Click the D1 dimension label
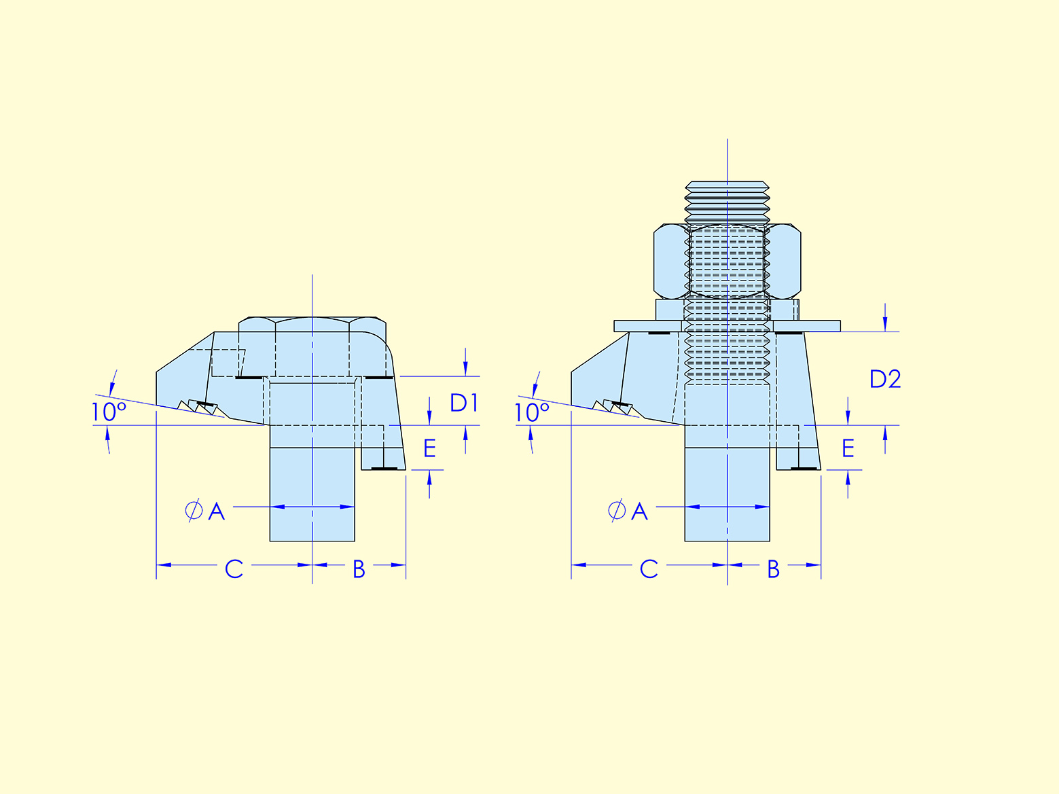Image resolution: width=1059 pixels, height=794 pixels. tap(465, 403)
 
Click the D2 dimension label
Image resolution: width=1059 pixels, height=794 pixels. tap(885, 379)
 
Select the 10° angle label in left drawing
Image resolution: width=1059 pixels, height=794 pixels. tap(109, 412)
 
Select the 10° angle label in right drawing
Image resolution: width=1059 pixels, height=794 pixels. tap(531, 412)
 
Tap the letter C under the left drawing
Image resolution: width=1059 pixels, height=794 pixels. tap(234, 569)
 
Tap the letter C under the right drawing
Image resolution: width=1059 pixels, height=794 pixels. tap(649, 569)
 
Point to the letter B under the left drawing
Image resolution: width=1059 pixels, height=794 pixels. tap(359, 569)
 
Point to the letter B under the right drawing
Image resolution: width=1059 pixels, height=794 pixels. tap(773, 569)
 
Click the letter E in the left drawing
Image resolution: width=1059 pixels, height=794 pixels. tap(429, 448)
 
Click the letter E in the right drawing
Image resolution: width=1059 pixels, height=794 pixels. tap(848, 448)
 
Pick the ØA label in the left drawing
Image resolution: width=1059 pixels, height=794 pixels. tap(205, 511)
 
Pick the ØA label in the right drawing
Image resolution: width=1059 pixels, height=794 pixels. tap(628, 511)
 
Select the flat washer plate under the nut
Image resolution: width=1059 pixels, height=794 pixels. tap(727, 326)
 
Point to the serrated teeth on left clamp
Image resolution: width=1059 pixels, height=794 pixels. tap(199, 408)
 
